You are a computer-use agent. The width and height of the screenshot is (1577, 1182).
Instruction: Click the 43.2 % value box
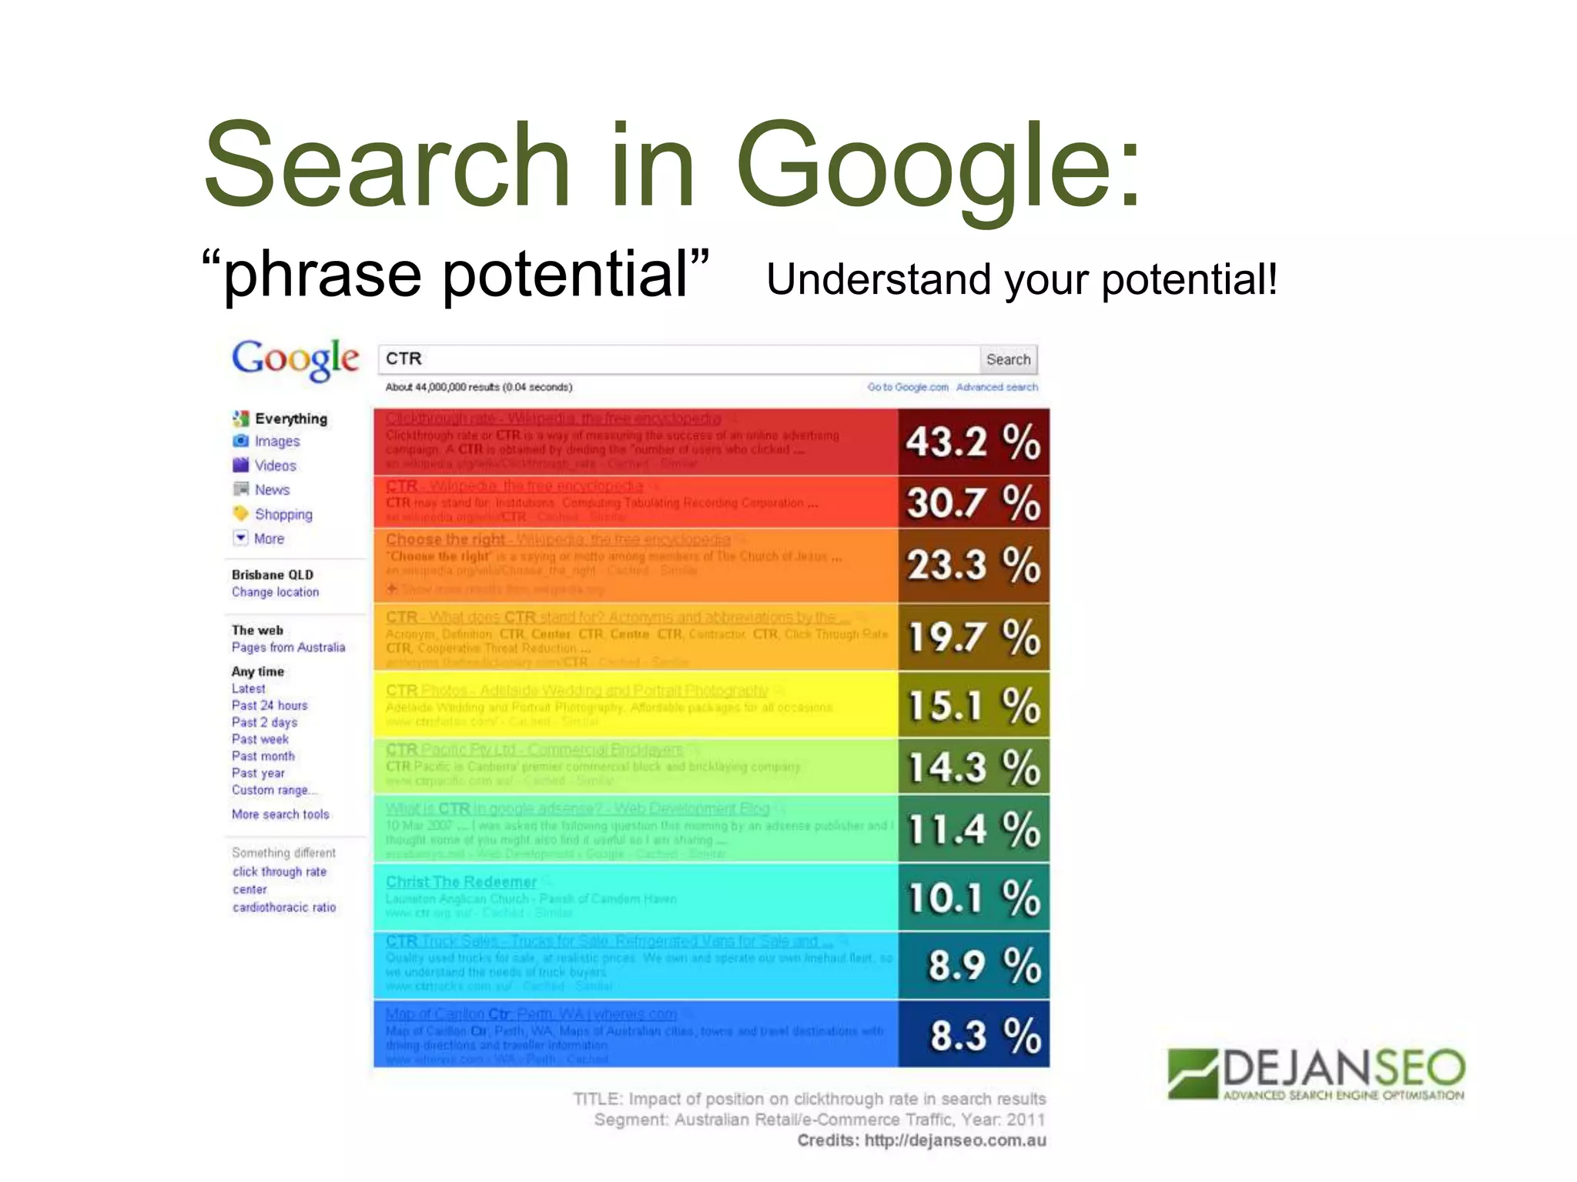pos(973,442)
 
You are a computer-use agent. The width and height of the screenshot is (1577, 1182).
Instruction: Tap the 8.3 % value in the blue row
pos(973,1034)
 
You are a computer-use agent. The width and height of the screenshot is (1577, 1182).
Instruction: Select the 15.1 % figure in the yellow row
pos(973,705)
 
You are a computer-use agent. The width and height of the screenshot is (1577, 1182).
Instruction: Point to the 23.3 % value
pos(973,564)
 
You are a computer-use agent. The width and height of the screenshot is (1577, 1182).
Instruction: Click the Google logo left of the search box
pos(296,359)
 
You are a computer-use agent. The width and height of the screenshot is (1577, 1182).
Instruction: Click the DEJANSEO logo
pos(1316,1073)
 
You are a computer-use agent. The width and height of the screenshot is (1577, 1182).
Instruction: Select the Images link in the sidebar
pos(277,441)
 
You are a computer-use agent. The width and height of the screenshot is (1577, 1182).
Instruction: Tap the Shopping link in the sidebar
pos(283,514)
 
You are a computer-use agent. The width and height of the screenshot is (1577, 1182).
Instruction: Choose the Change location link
pos(275,592)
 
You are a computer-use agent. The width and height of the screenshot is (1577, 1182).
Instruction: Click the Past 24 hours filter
pos(270,705)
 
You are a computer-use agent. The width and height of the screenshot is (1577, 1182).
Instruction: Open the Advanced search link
pos(996,387)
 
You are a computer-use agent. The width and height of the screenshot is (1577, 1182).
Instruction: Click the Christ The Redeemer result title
pos(461,882)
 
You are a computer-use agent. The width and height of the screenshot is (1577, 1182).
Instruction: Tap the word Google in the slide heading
pos(938,165)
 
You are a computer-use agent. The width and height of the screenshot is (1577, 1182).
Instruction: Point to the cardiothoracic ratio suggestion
pos(284,907)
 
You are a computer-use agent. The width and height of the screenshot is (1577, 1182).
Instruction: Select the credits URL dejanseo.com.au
pos(955,1140)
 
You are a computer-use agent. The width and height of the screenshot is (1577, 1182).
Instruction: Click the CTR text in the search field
pos(404,359)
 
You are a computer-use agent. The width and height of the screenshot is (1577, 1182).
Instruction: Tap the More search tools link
pos(280,814)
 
